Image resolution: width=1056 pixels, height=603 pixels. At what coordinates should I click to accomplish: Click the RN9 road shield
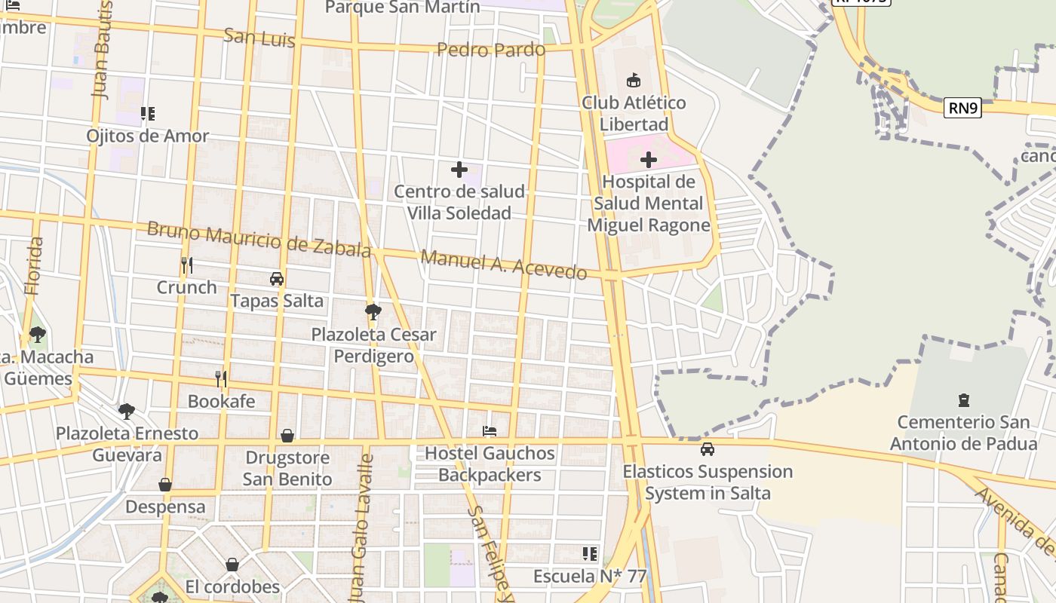click(962, 108)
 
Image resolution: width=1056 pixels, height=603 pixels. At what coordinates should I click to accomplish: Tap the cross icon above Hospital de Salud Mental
click(649, 159)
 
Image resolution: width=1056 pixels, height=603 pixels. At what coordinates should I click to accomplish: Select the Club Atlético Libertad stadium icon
click(634, 80)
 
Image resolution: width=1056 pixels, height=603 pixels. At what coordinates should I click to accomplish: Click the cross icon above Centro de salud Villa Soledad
click(459, 170)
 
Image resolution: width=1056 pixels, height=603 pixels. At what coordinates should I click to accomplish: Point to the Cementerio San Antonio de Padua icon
click(963, 399)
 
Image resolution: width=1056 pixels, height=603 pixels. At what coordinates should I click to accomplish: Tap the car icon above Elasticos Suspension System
click(708, 449)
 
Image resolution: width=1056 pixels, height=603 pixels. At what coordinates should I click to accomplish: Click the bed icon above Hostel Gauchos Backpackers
click(490, 431)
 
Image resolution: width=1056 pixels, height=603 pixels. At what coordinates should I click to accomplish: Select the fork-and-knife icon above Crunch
click(187, 265)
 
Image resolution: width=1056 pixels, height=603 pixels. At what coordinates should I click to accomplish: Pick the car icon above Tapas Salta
click(277, 279)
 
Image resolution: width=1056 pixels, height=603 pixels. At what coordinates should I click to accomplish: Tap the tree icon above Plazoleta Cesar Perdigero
click(373, 311)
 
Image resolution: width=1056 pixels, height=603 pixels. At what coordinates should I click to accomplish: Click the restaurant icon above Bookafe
click(221, 378)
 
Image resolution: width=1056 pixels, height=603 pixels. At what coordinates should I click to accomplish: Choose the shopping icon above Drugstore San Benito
click(287, 436)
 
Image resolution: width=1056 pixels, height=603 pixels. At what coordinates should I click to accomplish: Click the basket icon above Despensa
click(165, 485)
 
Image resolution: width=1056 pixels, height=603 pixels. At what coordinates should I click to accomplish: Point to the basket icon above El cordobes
click(232, 565)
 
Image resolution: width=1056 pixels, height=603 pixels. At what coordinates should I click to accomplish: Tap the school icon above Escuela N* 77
click(590, 554)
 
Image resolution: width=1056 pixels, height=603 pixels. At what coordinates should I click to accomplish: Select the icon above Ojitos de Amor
click(148, 114)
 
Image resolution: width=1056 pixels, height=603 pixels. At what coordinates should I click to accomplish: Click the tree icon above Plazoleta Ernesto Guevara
click(127, 412)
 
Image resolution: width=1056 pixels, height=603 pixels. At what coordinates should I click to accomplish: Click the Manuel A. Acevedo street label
click(504, 265)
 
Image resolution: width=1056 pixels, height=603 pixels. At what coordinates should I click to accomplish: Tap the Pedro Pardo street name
click(491, 50)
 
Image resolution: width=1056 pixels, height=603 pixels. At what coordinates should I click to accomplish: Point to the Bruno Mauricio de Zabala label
click(259, 239)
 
